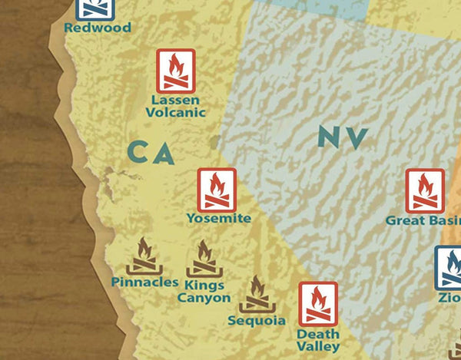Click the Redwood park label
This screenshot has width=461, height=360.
[97, 28]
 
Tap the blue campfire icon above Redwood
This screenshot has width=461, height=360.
[96, 8]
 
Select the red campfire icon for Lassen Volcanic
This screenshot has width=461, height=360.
[176, 71]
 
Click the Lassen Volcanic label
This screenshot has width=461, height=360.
[176, 106]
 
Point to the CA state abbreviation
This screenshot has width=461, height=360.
[151, 152]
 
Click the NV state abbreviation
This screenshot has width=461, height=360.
[343, 137]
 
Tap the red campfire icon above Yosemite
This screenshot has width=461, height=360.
[217, 190]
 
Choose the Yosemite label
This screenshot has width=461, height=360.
[218, 219]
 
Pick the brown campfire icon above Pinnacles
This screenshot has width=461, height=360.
[144, 257]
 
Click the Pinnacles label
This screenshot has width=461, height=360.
[144, 282]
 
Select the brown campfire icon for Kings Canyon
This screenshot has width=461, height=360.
[204, 259]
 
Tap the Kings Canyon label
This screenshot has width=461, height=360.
[204, 292]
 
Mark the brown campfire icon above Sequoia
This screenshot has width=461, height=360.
[257, 294]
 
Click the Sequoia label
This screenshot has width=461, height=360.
[257, 321]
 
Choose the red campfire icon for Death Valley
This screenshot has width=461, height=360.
[318, 304]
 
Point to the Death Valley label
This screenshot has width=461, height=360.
[318, 340]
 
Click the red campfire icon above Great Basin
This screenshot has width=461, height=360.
[425, 190]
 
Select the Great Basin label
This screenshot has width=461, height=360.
[423, 221]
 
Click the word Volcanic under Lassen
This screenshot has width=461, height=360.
[176, 112]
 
